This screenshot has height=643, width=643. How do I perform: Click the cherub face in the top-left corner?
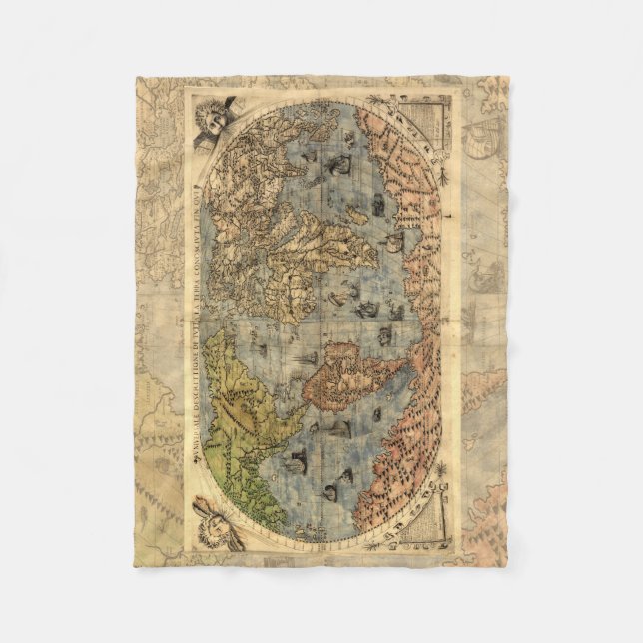(x=213, y=119)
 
